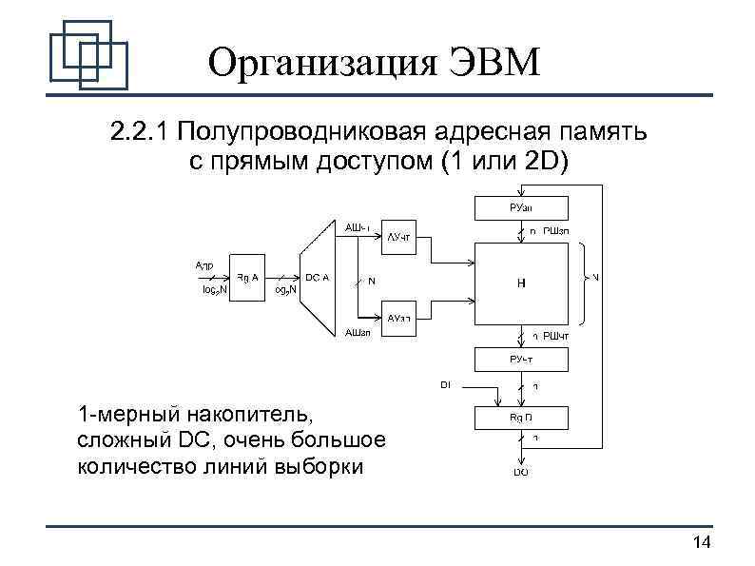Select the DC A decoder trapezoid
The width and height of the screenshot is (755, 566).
pyautogui.click(x=318, y=278)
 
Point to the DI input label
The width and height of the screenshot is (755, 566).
pyautogui.click(x=445, y=384)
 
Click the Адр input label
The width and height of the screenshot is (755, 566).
pyautogui.click(x=204, y=264)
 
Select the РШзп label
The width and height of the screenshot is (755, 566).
pyautogui.click(x=556, y=231)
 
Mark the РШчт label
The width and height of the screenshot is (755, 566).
pyautogui.click(x=556, y=336)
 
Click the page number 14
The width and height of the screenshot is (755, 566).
pyautogui.click(x=702, y=542)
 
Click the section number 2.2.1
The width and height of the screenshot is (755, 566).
pyautogui.click(x=137, y=131)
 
